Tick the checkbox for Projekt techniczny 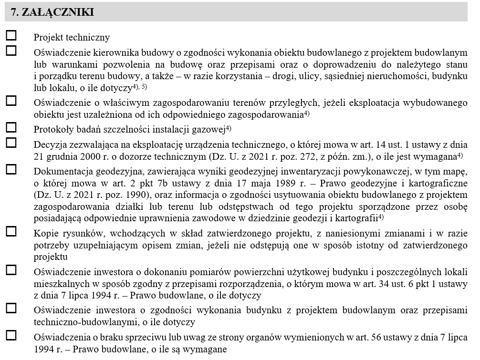pyautogui.click(x=10, y=35)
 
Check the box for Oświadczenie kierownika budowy pyautogui.click(x=10, y=51)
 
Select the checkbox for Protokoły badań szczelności pyautogui.click(x=10, y=127)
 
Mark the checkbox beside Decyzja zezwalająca pyautogui.click(x=10, y=142)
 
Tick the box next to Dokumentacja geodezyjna pyautogui.click(x=10, y=169)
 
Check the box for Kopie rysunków pyautogui.click(x=10, y=231)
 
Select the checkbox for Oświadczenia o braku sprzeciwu pyautogui.click(x=10, y=335)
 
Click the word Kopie pyautogui.click(x=44, y=233)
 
